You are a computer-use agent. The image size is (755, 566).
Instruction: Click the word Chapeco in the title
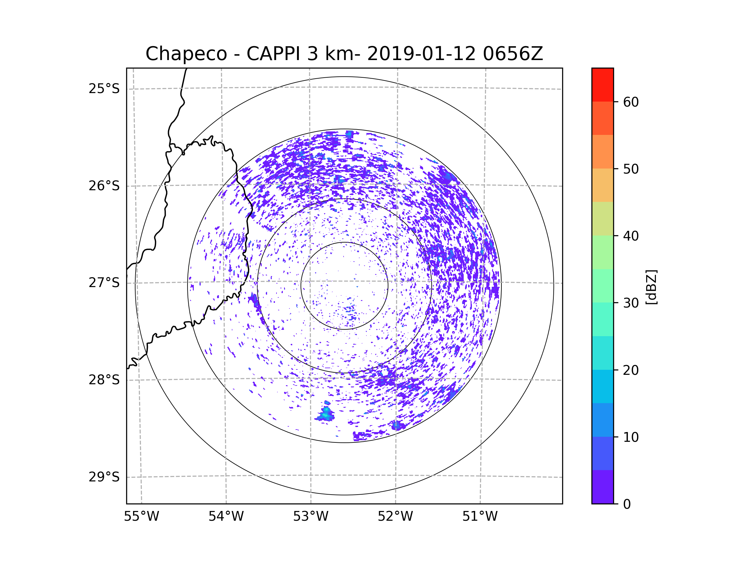point(186,54)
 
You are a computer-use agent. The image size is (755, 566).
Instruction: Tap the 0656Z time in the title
point(513,54)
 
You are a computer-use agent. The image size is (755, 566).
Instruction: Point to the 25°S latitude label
point(104,89)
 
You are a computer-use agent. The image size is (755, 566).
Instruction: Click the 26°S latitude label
point(104,186)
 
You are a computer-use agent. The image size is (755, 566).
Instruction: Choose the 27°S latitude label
point(104,283)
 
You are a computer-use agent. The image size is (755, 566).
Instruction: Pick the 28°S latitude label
point(104,380)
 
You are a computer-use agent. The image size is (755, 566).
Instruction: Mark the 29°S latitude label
point(104,477)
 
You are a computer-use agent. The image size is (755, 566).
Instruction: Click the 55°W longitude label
point(141,517)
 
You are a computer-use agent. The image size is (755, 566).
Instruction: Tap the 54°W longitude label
point(226,517)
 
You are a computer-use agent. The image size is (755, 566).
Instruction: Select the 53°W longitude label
point(310,517)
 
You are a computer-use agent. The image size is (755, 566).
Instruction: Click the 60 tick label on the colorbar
point(631,102)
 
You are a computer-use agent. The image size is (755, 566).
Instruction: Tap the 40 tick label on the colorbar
point(631,236)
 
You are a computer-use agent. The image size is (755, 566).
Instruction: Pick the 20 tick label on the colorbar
point(631,370)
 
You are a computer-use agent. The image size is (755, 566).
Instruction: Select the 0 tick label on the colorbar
point(627,504)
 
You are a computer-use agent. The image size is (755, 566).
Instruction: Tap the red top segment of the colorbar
point(602,85)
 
